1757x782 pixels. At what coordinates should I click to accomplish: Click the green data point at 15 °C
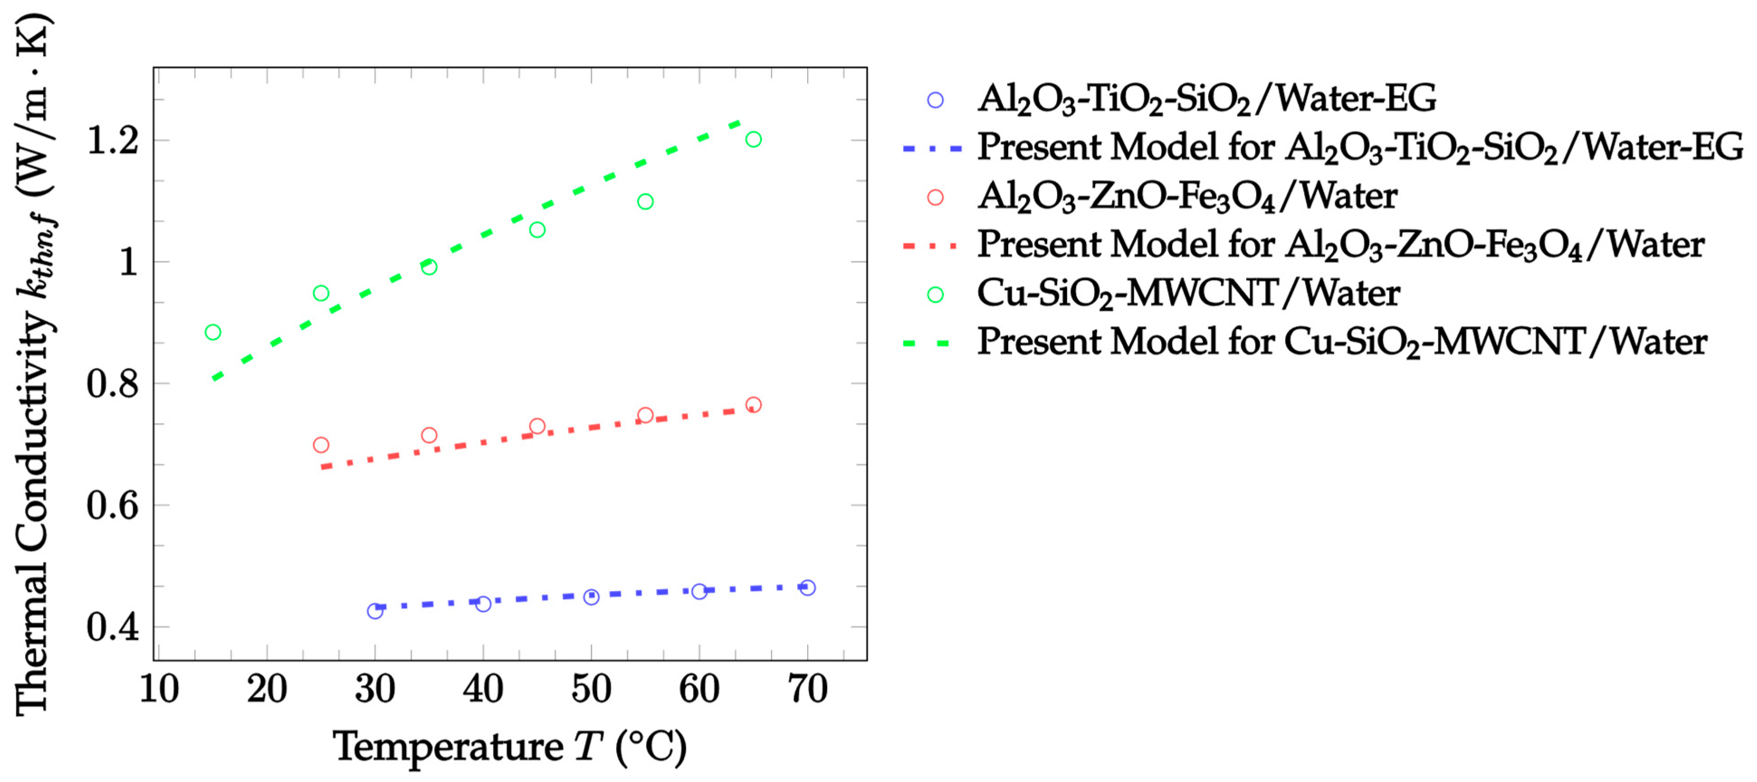(x=213, y=332)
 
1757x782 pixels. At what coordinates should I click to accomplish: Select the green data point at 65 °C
(x=753, y=139)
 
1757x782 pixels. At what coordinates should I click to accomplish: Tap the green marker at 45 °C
(x=537, y=230)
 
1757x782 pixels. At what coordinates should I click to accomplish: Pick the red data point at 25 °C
(x=320, y=445)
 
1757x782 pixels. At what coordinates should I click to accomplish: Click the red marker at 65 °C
(x=753, y=405)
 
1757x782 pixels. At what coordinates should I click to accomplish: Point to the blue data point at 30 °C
(x=375, y=611)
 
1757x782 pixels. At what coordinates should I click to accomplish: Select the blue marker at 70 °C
(x=807, y=587)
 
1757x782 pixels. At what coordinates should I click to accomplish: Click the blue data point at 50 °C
(x=591, y=597)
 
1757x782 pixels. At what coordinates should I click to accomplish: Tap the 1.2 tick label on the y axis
(x=113, y=141)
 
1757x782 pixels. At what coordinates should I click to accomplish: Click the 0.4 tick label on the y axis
(x=113, y=626)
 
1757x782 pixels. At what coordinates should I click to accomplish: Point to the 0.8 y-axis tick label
(x=113, y=383)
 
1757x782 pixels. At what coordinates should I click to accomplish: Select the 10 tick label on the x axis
(x=159, y=689)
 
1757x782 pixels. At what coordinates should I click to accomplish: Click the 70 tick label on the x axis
(x=808, y=689)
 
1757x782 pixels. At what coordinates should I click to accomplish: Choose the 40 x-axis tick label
(x=483, y=689)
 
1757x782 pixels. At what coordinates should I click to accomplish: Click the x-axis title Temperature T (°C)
(x=509, y=747)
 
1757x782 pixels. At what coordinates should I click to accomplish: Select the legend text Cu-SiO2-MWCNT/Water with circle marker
(x=1188, y=293)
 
